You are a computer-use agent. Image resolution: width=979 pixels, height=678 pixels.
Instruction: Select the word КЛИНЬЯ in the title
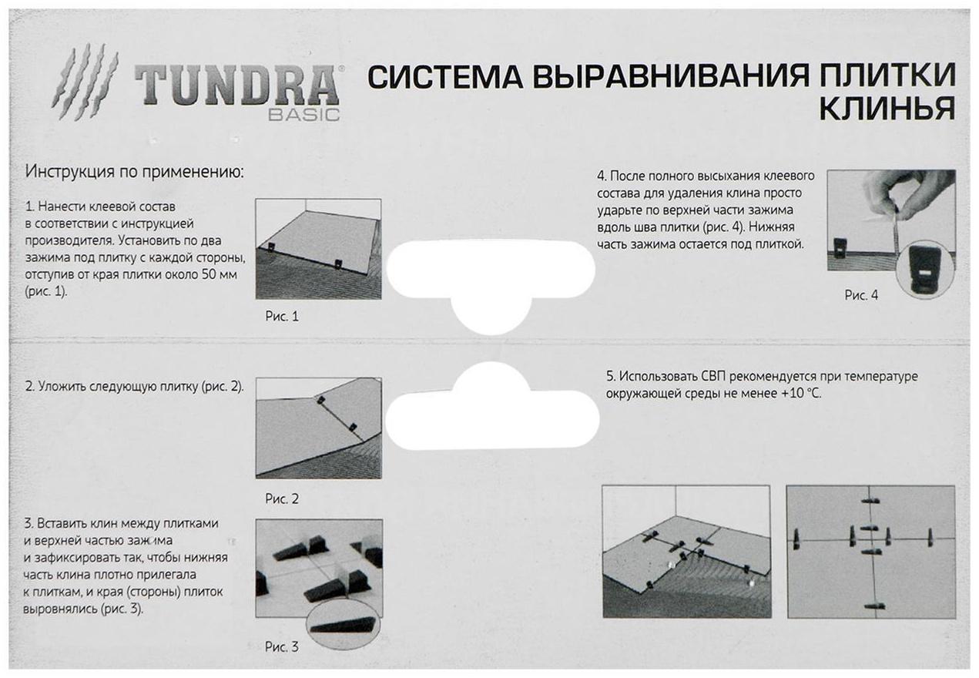click(885, 109)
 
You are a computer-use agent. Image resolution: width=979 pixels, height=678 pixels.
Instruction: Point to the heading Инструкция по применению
click(134, 171)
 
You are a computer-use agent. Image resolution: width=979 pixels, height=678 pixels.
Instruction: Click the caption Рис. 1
click(281, 316)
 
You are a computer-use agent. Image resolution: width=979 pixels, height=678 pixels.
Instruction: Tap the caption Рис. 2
click(282, 498)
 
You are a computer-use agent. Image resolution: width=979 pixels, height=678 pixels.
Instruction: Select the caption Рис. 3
click(281, 646)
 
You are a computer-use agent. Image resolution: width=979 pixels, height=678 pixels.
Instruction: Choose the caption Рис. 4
click(860, 295)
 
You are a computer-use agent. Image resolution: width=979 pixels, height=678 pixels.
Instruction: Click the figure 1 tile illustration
click(318, 249)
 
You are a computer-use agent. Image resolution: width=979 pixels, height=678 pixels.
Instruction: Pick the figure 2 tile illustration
click(318, 428)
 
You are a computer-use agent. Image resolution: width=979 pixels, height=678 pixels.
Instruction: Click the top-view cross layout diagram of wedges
click(870, 551)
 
